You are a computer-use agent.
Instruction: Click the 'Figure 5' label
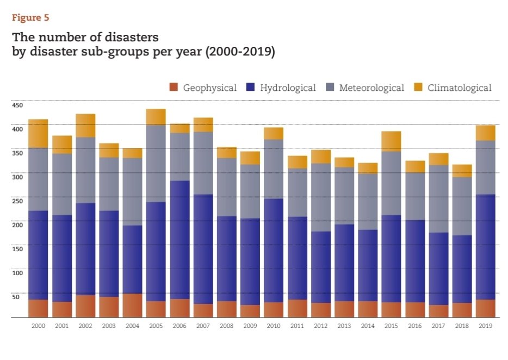(x=30, y=18)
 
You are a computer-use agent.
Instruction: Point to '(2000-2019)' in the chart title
(x=240, y=53)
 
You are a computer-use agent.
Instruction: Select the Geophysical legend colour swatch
(x=174, y=88)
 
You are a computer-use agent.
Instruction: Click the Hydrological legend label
(x=288, y=88)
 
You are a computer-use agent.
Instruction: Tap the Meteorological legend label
(x=371, y=88)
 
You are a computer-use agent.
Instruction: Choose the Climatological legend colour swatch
(x=418, y=88)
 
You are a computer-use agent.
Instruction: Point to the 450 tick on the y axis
(x=18, y=105)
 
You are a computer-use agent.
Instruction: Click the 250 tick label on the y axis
(x=18, y=201)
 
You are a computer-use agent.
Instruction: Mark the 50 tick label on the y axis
(x=16, y=297)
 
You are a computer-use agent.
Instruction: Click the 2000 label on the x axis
(x=38, y=326)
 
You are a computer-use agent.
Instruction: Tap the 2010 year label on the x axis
(x=274, y=326)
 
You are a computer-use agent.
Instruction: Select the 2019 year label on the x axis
(x=485, y=326)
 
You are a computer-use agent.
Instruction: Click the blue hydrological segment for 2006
(x=179, y=239)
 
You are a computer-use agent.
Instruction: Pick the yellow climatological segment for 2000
(x=38, y=134)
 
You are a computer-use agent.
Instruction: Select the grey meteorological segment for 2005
(x=156, y=163)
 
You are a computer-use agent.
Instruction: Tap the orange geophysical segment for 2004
(x=132, y=305)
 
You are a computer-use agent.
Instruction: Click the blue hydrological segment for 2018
(x=462, y=269)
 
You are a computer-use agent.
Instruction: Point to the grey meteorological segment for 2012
(x=320, y=197)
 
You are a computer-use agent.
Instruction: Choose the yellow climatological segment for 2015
(x=391, y=141)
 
